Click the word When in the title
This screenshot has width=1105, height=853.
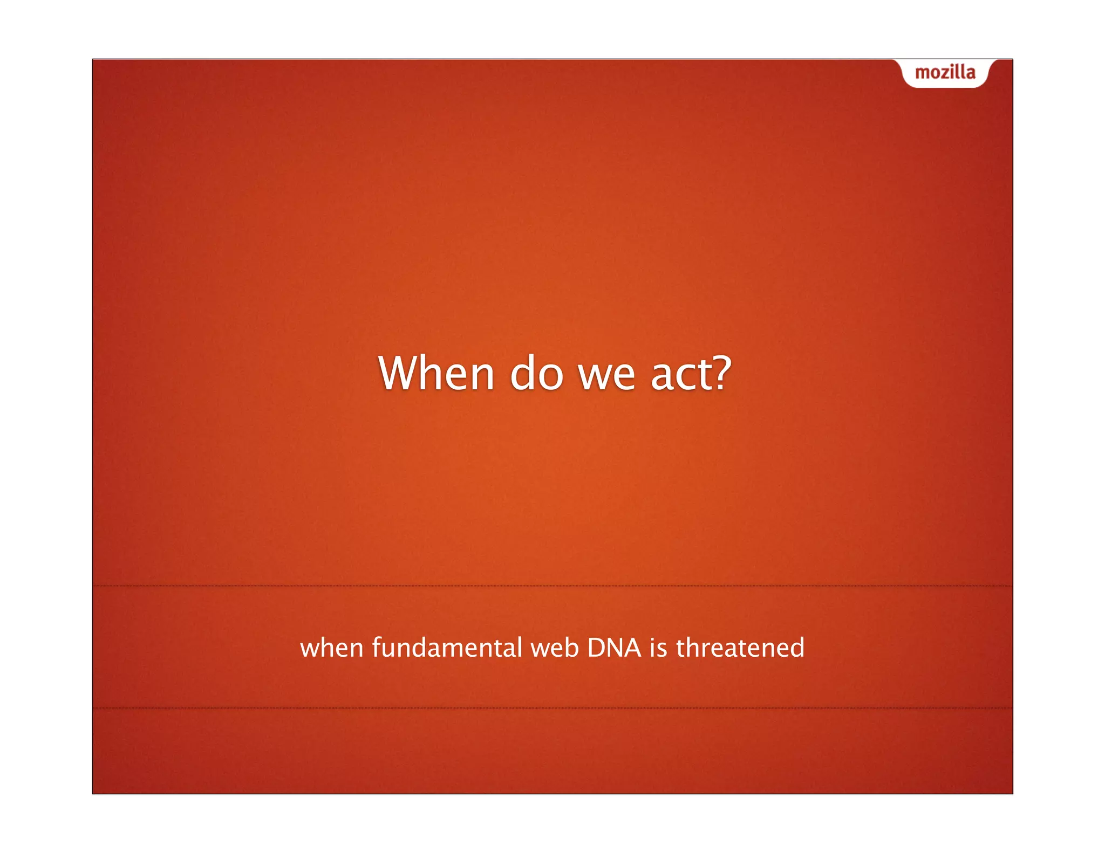436,373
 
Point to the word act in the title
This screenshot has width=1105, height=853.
677,374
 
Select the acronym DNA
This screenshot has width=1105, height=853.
614,648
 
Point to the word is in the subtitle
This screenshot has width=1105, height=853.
658,648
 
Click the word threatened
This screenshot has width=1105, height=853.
740,648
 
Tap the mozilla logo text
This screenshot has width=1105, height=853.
945,73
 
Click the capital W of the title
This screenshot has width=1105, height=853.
398,373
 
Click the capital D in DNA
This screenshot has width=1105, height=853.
596,648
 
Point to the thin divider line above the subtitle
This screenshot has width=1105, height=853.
552,586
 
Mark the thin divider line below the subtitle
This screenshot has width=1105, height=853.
552,708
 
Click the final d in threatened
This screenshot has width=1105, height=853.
797,648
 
